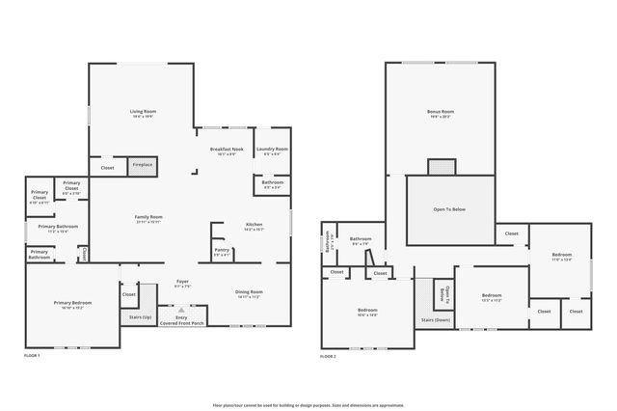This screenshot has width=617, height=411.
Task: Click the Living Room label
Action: (144, 112)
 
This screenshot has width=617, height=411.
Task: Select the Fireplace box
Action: (143, 166)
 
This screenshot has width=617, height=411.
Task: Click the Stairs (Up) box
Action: (141, 316)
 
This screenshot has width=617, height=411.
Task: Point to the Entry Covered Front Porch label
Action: (181, 319)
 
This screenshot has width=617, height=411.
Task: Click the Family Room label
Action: (148, 218)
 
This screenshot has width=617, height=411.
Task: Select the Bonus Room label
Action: (440, 113)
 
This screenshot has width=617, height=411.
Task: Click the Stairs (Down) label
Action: (436, 319)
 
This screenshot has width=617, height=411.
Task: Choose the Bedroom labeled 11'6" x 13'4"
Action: (561, 257)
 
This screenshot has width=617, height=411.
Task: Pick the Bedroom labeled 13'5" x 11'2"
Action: (492, 296)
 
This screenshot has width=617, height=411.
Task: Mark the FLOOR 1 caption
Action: (32, 356)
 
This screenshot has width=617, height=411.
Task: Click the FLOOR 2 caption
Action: (329, 356)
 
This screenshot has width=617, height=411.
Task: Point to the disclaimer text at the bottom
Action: (308, 405)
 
